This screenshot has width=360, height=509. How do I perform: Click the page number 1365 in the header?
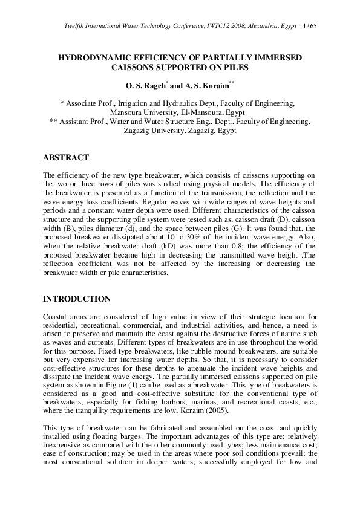pos(310,26)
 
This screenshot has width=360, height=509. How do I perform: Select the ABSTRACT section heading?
pos(66,158)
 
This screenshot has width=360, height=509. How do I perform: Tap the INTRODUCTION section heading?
pos(77,299)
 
